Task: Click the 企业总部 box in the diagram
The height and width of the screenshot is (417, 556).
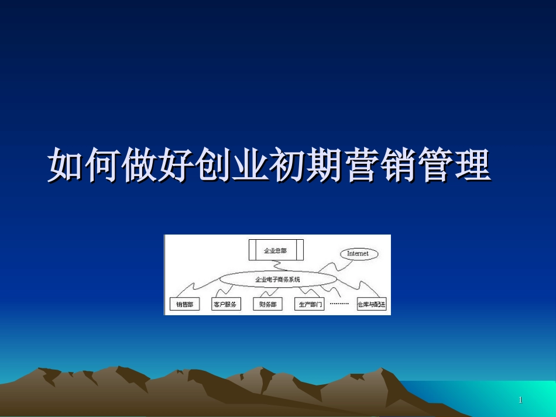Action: point(276,250)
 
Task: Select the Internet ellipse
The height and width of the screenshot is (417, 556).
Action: point(358,254)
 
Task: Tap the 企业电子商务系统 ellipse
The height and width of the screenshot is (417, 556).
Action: point(277,280)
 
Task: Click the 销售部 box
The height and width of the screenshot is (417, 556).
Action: point(184,305)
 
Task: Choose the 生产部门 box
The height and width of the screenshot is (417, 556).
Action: point(310,305)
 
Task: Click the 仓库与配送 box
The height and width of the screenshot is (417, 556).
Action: point(372,305)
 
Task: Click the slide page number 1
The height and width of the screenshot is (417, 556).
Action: point(520,400)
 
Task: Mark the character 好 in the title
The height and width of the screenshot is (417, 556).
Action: point(176,166)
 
